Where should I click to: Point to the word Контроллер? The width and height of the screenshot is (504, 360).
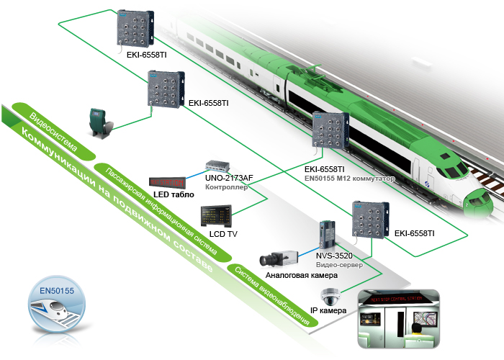tap(226, 187)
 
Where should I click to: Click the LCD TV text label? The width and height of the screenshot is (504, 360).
tap(223, 235)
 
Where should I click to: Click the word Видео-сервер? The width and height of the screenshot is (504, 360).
tap(339, 264)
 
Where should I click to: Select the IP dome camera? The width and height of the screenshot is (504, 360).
tap(330, 296)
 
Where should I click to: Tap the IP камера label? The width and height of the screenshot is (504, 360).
tap(328, 311)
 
